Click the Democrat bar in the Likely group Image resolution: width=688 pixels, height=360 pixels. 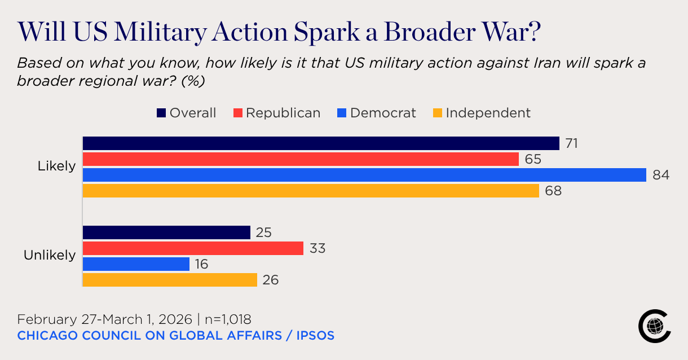point(364,175)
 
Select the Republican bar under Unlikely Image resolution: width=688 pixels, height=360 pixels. point(193,248)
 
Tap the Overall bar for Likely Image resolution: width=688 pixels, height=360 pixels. point(321,143)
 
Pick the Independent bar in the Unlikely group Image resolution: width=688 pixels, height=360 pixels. point(170,280)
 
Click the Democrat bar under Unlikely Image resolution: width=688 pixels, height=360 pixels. point(136,264)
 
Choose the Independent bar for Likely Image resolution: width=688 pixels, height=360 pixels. point(311,191)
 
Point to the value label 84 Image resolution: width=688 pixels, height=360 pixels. point(661,175)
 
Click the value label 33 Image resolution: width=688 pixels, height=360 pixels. point(317,248)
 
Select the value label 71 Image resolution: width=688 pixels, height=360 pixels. point(572,143)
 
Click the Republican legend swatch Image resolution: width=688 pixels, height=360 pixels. point(238,113)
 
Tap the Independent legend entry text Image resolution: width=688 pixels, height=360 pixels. point(488,113)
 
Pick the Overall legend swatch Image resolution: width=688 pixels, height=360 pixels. point(161,113)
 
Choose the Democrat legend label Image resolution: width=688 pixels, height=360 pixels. point(383,113)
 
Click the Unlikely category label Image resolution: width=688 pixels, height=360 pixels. point(50,255)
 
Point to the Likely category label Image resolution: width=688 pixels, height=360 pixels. point(56,166)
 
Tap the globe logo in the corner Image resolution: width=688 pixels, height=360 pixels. point(654,325)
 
